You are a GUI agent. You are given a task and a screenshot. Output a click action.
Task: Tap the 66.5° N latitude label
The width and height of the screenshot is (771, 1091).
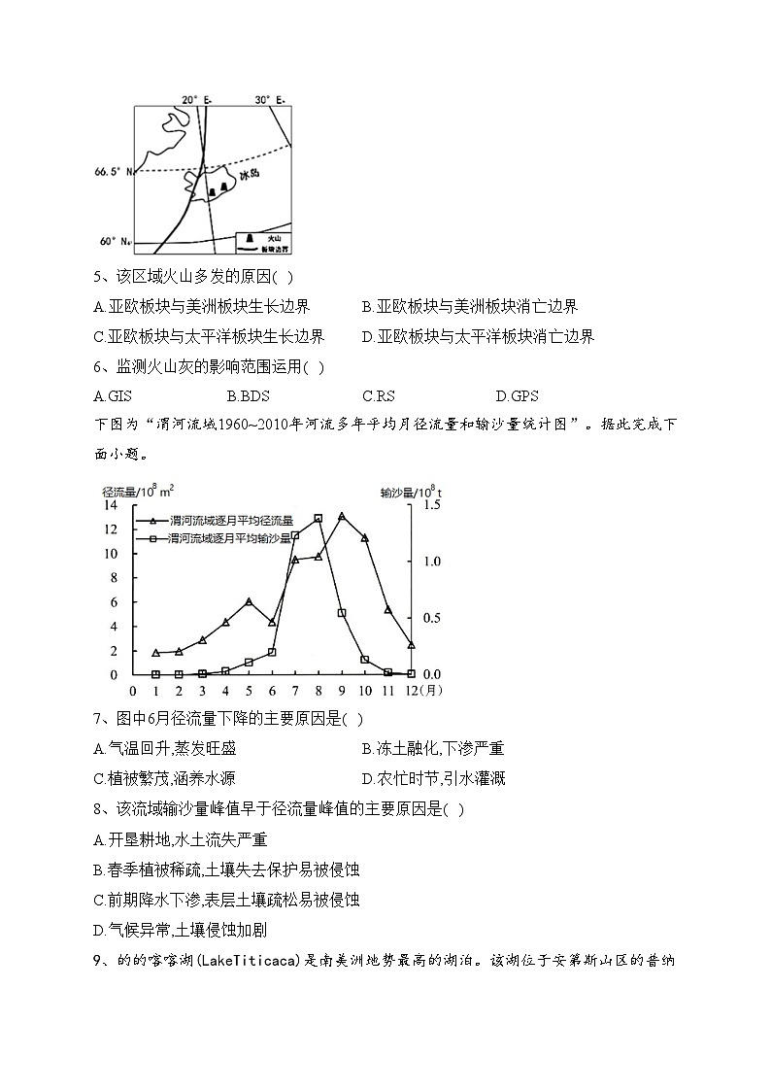point(112,172)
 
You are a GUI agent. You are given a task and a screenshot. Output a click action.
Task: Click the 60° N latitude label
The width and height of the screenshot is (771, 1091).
point(114,241)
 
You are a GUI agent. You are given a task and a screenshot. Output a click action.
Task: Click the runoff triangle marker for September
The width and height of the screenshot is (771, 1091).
point(342,516)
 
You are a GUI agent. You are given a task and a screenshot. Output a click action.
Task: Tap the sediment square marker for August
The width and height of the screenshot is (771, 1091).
point(318,518)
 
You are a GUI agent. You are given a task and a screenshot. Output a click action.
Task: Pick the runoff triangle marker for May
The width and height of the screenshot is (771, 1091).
point(249,601)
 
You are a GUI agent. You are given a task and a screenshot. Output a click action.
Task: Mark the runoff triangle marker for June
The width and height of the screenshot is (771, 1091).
point(272,622)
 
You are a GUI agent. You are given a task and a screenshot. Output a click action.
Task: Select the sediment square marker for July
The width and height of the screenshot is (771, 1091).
point(295,535)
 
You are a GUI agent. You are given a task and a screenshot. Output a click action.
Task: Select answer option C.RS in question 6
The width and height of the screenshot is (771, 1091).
point(376,395)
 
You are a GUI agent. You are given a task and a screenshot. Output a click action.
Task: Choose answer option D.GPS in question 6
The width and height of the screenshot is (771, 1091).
point(517,395)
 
